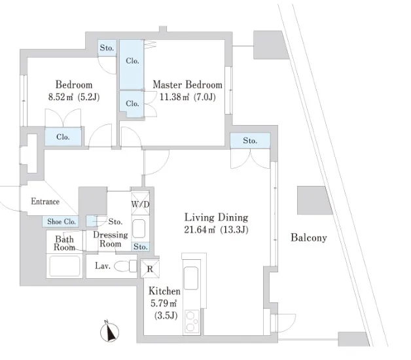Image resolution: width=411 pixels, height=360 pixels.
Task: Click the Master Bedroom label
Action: [x=187, y=85]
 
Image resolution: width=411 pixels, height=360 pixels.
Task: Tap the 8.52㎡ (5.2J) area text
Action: [x=73, y=98]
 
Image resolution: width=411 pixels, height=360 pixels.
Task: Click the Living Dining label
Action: [x=215, y=217]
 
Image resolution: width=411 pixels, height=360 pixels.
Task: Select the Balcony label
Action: [x=308, y=238]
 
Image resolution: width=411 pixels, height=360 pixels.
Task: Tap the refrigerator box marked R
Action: [x=149, y=268]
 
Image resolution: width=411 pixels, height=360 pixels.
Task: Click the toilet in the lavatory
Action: [x=122, y=266]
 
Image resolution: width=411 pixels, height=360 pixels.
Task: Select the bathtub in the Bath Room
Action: [x=65, y=267]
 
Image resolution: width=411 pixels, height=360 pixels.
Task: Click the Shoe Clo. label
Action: [x=62, y=222]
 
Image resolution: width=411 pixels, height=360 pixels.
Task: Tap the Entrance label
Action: [x=45, y=202]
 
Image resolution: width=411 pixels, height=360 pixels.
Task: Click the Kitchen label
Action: [x=164, y=291]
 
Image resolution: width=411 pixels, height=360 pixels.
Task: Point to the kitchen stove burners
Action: [x=192, y=321]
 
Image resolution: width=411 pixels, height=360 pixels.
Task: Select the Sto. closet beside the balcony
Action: [x=249, y=141]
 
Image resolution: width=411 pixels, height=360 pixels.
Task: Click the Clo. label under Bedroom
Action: [x=63, y=137]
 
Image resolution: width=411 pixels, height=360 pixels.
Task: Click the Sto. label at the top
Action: [x=107, y=48]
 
